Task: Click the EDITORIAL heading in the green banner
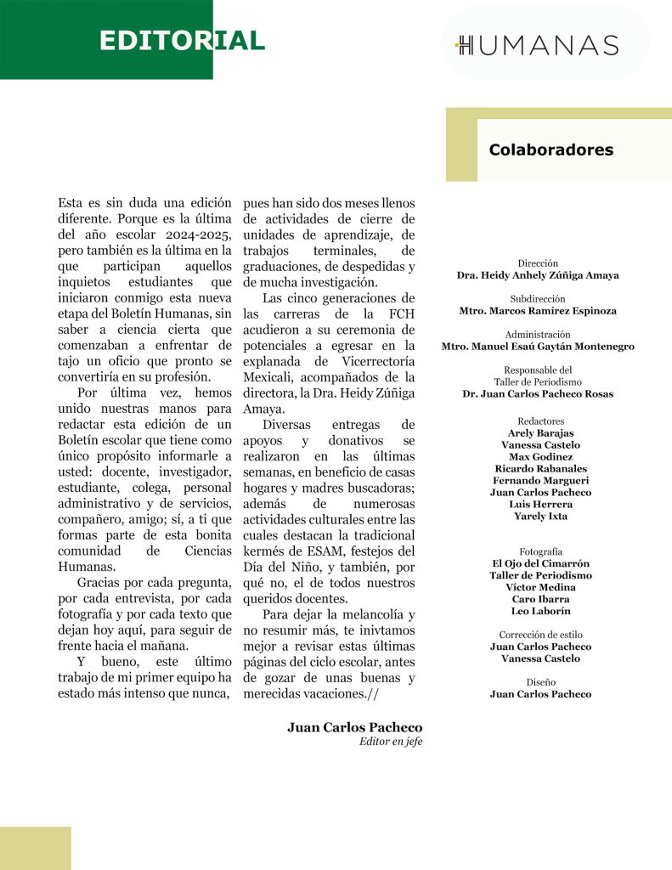tap(182, 41)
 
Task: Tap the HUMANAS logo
tap(537, 45)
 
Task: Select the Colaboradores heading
tap(551, 150)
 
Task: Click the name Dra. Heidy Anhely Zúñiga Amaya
tap(538, 275)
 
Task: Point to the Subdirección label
tap(538, 299)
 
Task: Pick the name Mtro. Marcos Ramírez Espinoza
tap(538, 311)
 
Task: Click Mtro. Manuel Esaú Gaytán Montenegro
tap(538, 347)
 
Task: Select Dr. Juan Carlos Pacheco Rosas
tap(538, 394)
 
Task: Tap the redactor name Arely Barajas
tap(538, 433)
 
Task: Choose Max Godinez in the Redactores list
tap(538, 457)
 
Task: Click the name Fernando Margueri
tap(538, 481)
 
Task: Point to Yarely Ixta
tap(538, 517)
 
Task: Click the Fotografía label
tap(538, 551)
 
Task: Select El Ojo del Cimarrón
tap(538, 563)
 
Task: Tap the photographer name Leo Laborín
tap(538, 611)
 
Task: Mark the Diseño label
tap(538, 682)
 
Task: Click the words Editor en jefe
tap(390, 742)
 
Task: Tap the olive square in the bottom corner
tap(35, 848)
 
